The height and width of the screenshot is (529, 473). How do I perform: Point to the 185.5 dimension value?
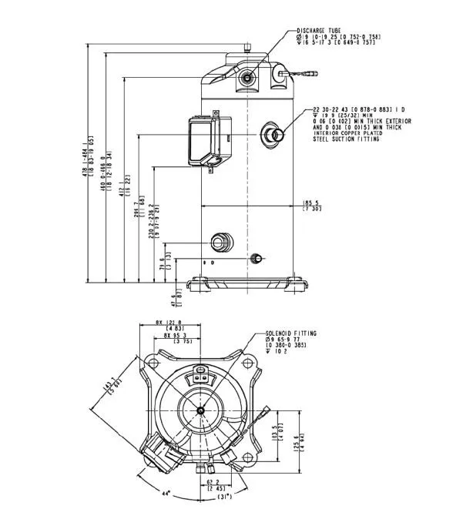click(x=311, y=203)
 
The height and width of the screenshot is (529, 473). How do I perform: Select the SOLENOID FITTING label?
click(x=290, y=333)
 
